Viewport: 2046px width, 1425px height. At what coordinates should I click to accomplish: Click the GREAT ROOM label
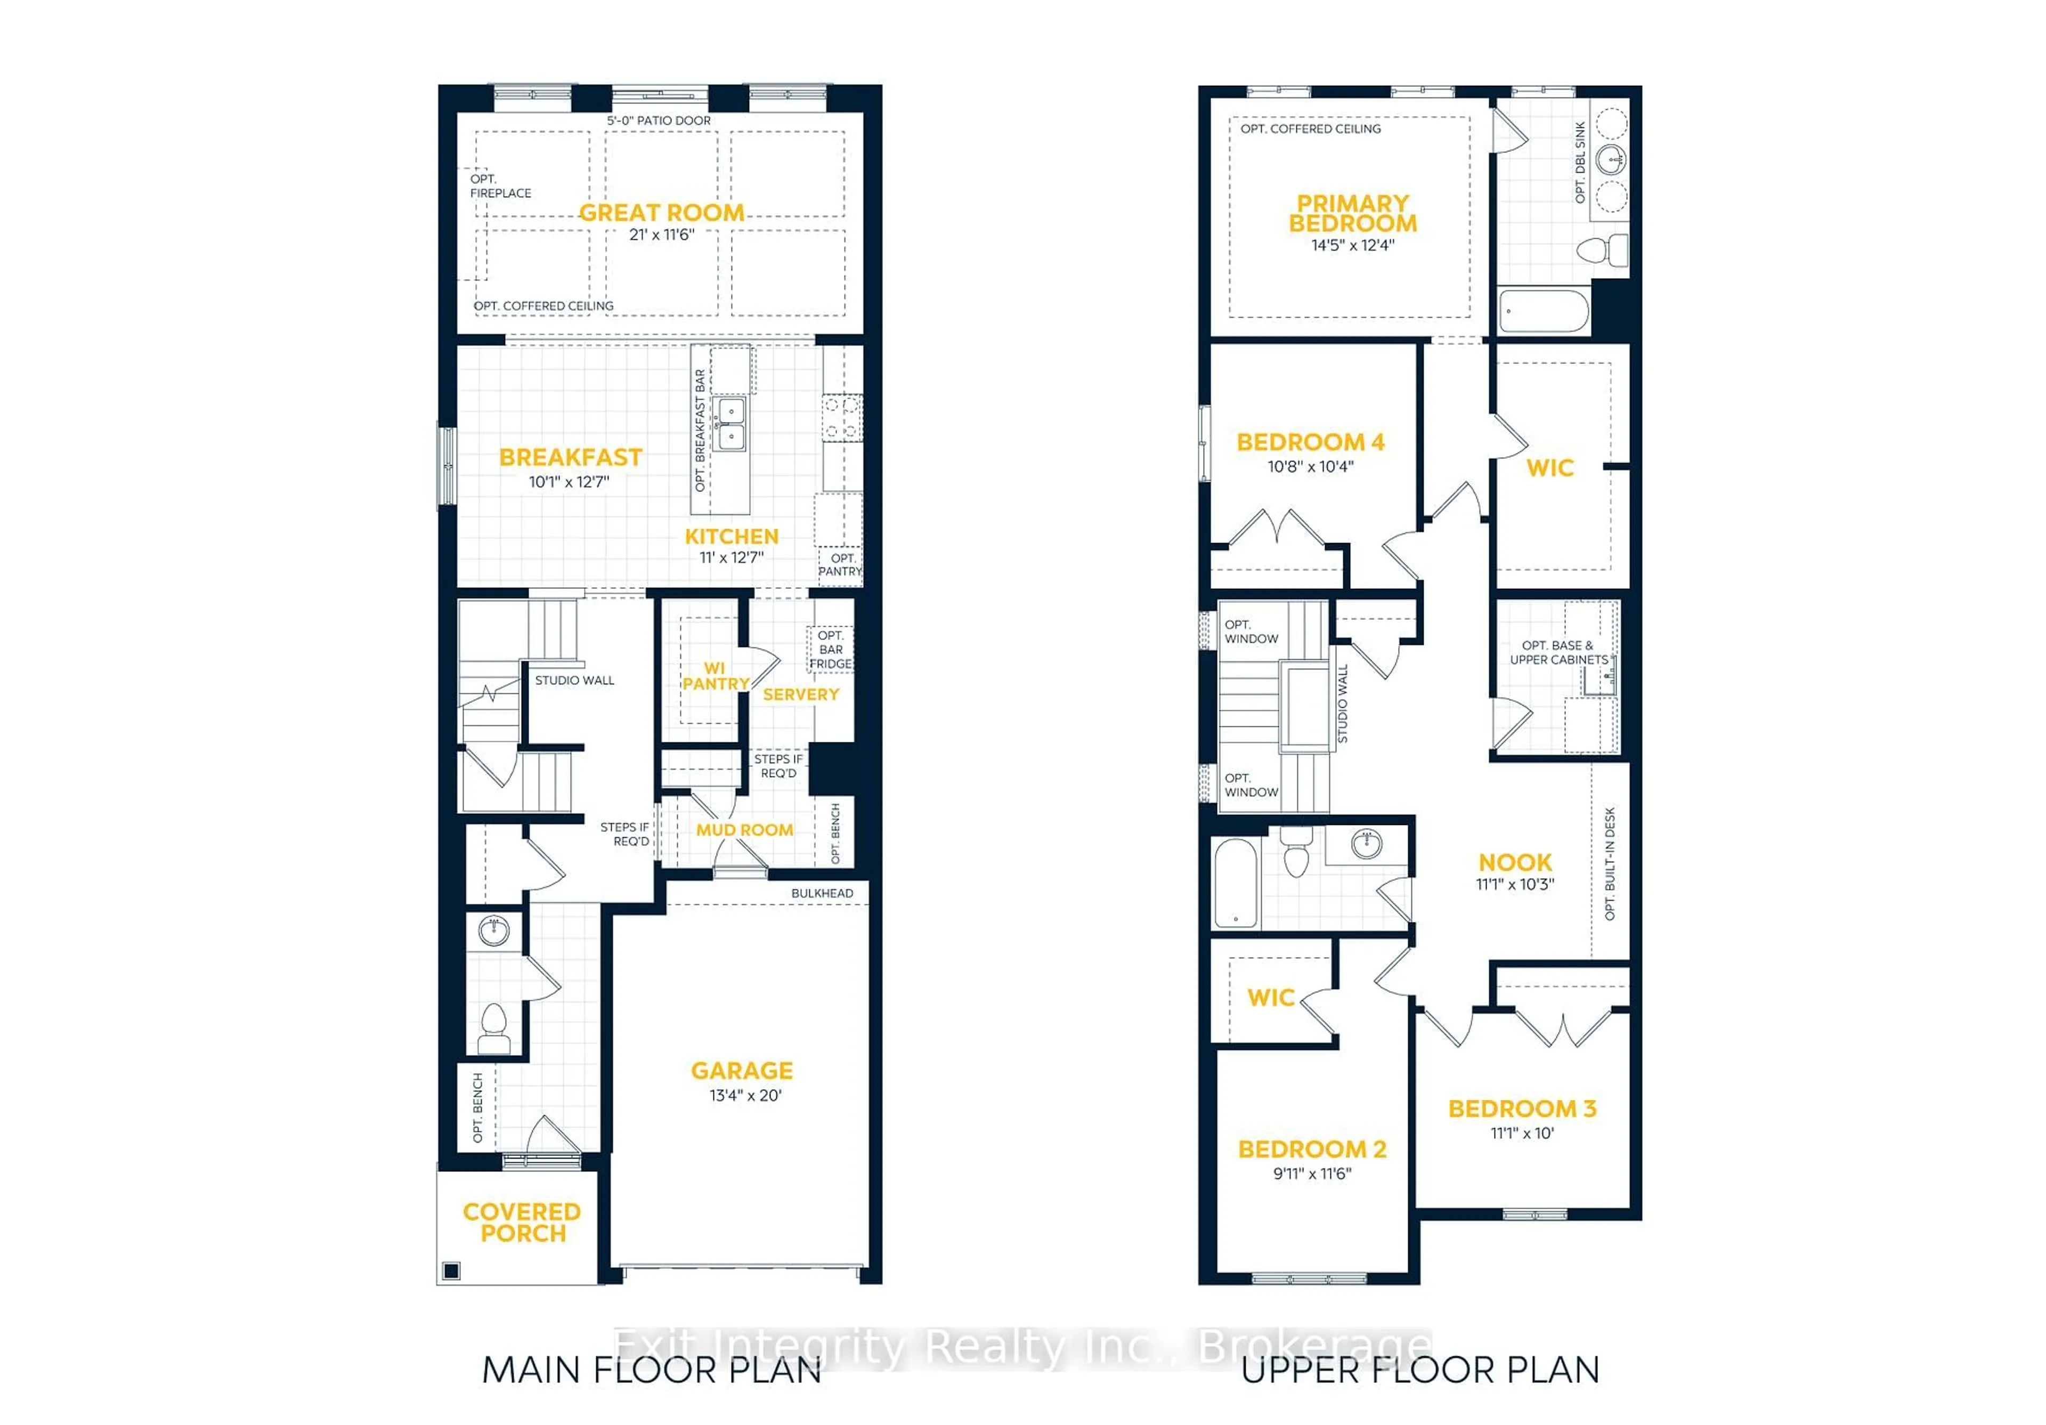661,213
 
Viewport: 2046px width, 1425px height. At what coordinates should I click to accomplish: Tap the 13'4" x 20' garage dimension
745,1095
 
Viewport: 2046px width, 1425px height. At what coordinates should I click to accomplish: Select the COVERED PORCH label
522,1222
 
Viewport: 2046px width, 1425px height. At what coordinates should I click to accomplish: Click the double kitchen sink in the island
730,424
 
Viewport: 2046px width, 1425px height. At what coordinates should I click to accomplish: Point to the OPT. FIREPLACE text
500,187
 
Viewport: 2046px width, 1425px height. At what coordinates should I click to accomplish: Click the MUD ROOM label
744,830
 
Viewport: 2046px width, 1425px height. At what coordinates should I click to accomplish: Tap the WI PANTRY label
715,676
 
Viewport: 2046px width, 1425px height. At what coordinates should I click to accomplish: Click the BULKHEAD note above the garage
822,893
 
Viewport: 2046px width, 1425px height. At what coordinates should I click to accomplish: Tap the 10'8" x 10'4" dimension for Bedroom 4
1310,466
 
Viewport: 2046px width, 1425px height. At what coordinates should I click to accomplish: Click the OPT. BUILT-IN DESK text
1609,863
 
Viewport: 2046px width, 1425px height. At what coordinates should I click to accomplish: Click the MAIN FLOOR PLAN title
652,1370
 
